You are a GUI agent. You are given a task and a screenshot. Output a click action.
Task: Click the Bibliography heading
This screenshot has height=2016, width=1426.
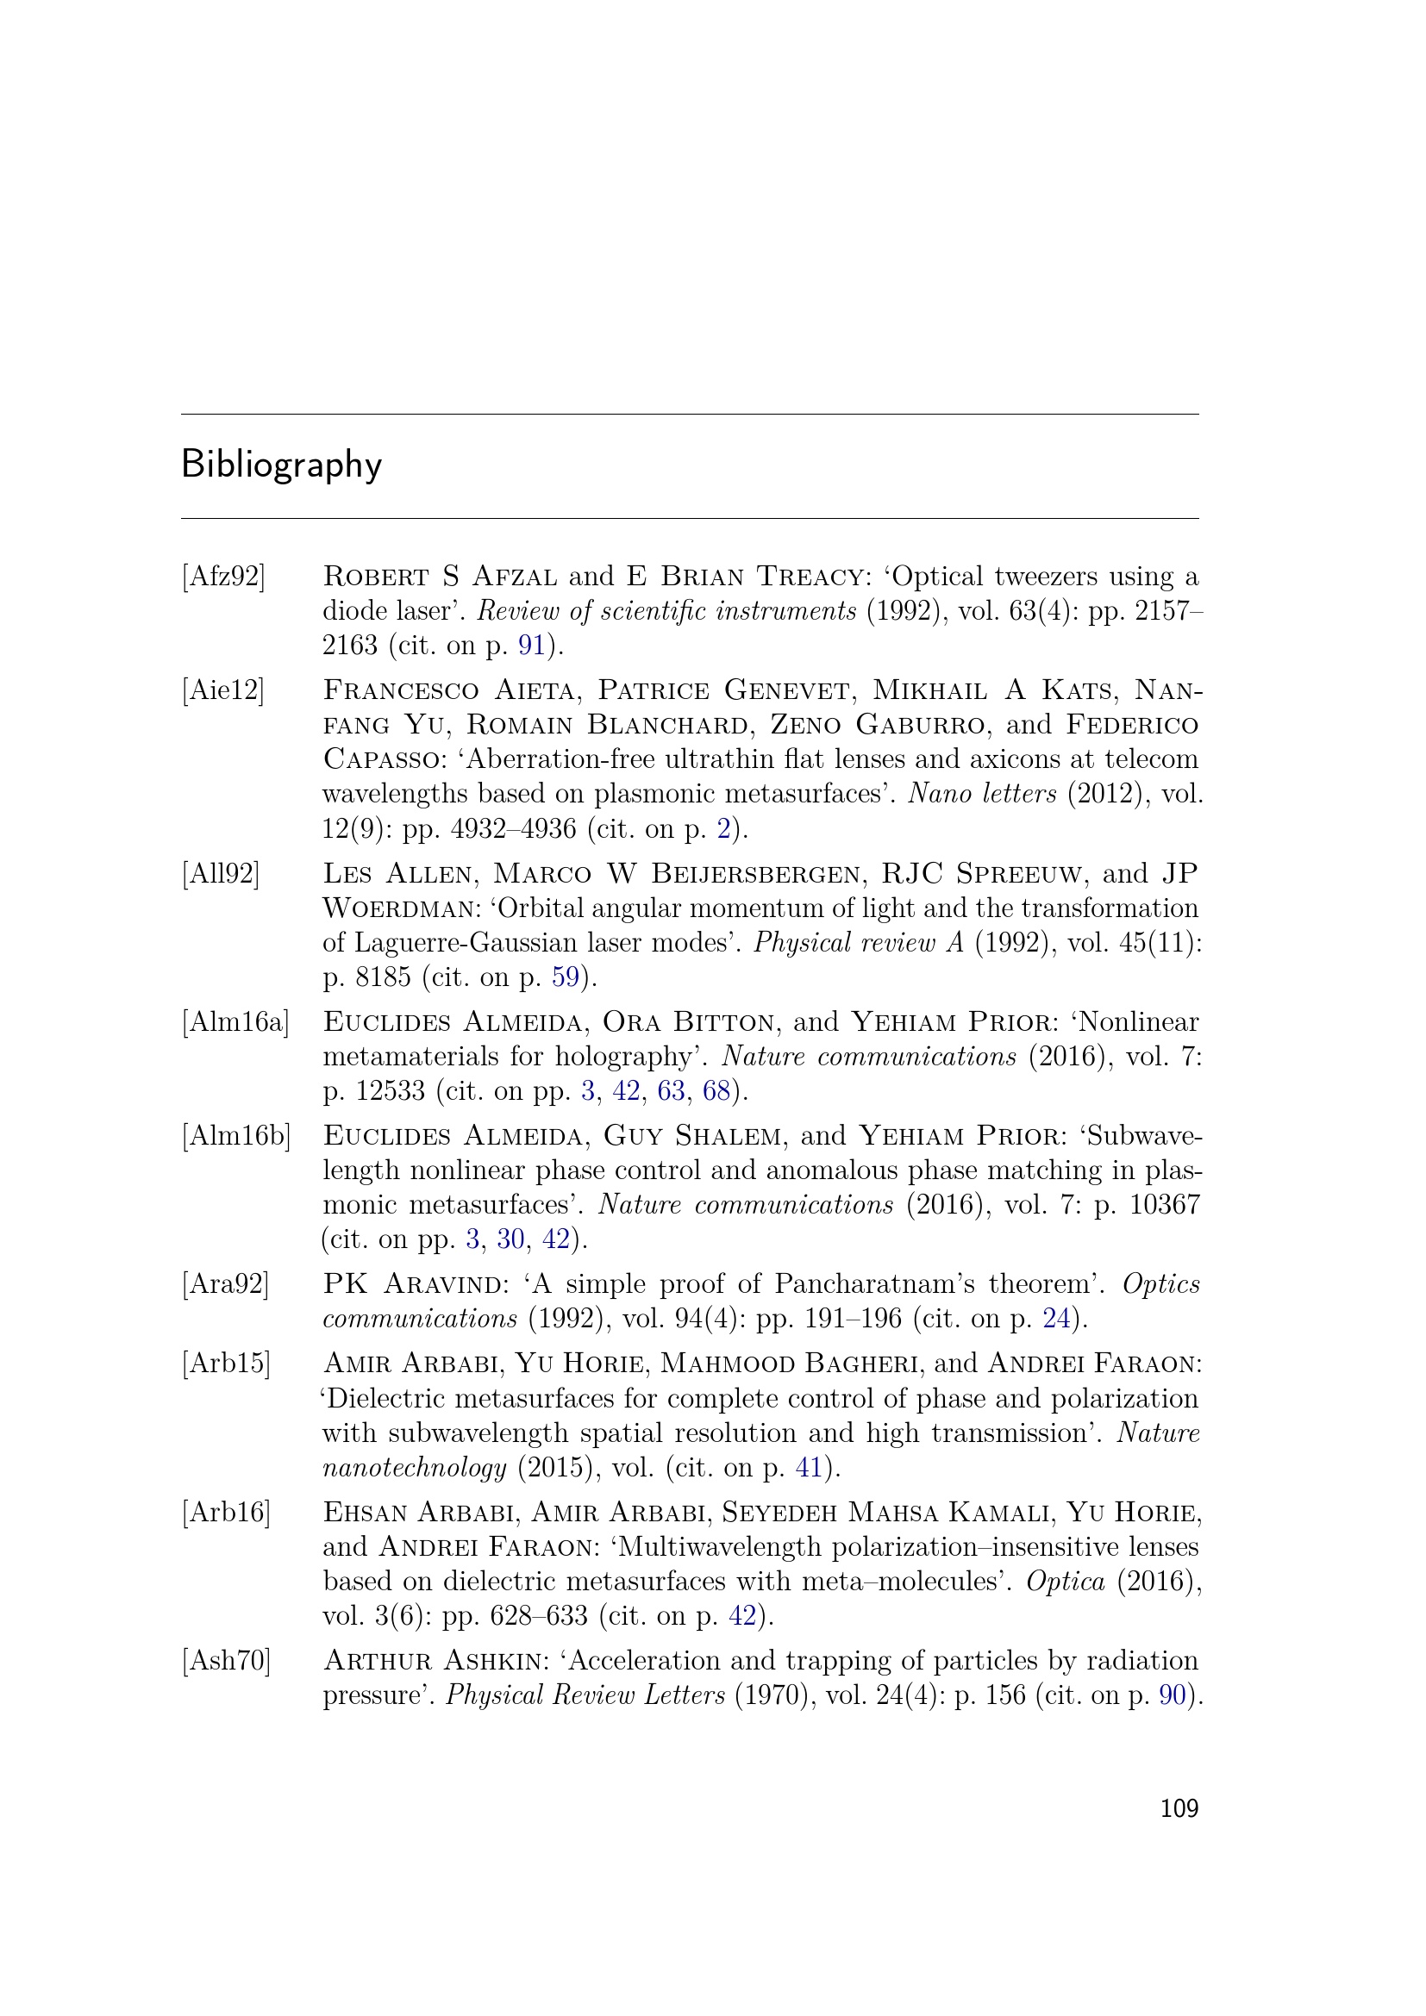point(281,465)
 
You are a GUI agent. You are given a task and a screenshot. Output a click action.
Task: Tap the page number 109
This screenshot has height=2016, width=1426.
point(1179,1808)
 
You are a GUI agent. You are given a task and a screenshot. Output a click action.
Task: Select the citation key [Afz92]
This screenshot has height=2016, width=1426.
point(223,577)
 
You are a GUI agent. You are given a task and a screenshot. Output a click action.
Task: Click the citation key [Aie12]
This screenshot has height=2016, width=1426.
point(223,690)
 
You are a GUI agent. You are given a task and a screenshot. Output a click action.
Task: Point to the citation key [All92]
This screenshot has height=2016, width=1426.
point(222,874)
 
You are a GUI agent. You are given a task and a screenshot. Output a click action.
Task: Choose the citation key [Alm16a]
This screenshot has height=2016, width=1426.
point(235,1022)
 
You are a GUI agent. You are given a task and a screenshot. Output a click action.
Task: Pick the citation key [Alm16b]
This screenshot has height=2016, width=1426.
point(236,1135)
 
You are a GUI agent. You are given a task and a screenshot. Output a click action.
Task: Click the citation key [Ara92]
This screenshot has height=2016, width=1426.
point(225,1283)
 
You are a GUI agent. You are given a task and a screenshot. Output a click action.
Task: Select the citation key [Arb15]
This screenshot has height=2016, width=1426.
point(227,1363)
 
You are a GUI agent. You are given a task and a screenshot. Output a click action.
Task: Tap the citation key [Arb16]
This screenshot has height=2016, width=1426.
point(227,1512)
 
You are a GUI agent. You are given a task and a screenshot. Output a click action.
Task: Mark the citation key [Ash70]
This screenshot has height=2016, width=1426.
point(227,1660)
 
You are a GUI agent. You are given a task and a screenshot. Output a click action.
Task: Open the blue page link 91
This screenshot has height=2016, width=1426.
point(532,646)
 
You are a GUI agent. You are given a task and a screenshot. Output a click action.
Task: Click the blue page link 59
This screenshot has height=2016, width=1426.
point(566,977)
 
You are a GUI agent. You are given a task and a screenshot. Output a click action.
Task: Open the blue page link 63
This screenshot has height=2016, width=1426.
point(671,1090)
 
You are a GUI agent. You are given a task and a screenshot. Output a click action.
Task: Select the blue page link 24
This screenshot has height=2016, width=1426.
point(1056,1318)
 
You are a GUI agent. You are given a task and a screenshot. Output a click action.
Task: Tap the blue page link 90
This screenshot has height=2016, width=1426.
point(1173,1695)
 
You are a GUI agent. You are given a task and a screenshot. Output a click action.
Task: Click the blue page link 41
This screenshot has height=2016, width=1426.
point(809,1467)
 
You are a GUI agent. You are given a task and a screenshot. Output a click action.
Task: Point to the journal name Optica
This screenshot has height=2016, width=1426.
point(1065,1582)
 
